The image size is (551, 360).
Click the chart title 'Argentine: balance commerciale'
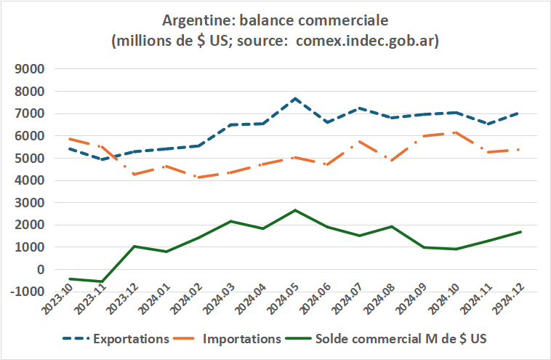(275, 20)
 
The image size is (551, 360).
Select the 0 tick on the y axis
(41, 269)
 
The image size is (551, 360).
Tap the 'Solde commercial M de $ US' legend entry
(395, 339)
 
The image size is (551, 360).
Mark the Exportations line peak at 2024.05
(295, 97)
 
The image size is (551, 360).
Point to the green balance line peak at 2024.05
(295, 210)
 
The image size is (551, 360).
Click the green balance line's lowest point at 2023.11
(103, 281)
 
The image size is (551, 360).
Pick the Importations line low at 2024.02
(199, 177)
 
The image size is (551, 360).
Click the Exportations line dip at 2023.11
(103, 159)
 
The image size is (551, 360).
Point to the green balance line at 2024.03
(231, 221)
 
